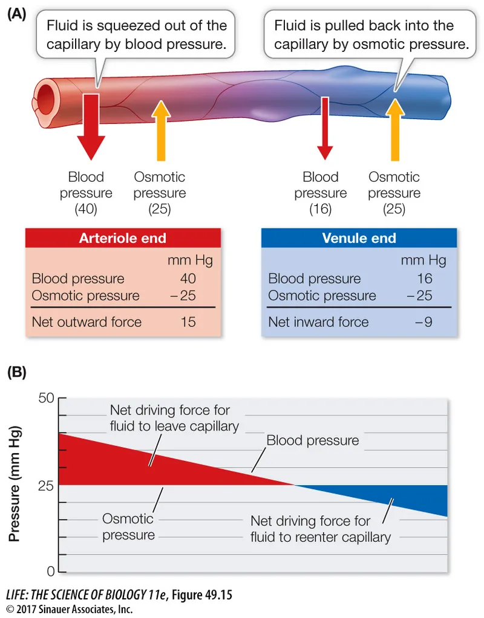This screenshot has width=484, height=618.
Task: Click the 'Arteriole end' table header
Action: (x=122, y=238)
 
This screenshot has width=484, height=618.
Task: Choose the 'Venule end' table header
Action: (x=359, y=238)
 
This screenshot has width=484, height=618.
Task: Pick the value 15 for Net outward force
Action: (x=188, y=322)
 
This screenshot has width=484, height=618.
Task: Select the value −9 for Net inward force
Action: (x=423, y=322)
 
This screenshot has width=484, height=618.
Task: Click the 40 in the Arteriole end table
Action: (x=188, y=278)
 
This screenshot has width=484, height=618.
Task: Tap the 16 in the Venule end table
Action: (x=425, y=278)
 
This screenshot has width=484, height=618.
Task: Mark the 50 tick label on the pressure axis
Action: (x=47, y=398)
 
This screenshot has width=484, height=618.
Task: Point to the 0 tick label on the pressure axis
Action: (x=51, y=571)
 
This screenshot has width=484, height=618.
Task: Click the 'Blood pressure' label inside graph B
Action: (x=312, y=440)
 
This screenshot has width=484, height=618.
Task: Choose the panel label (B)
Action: (x=16, y=372)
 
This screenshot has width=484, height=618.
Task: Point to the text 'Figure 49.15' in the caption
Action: (x=202, y=594)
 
